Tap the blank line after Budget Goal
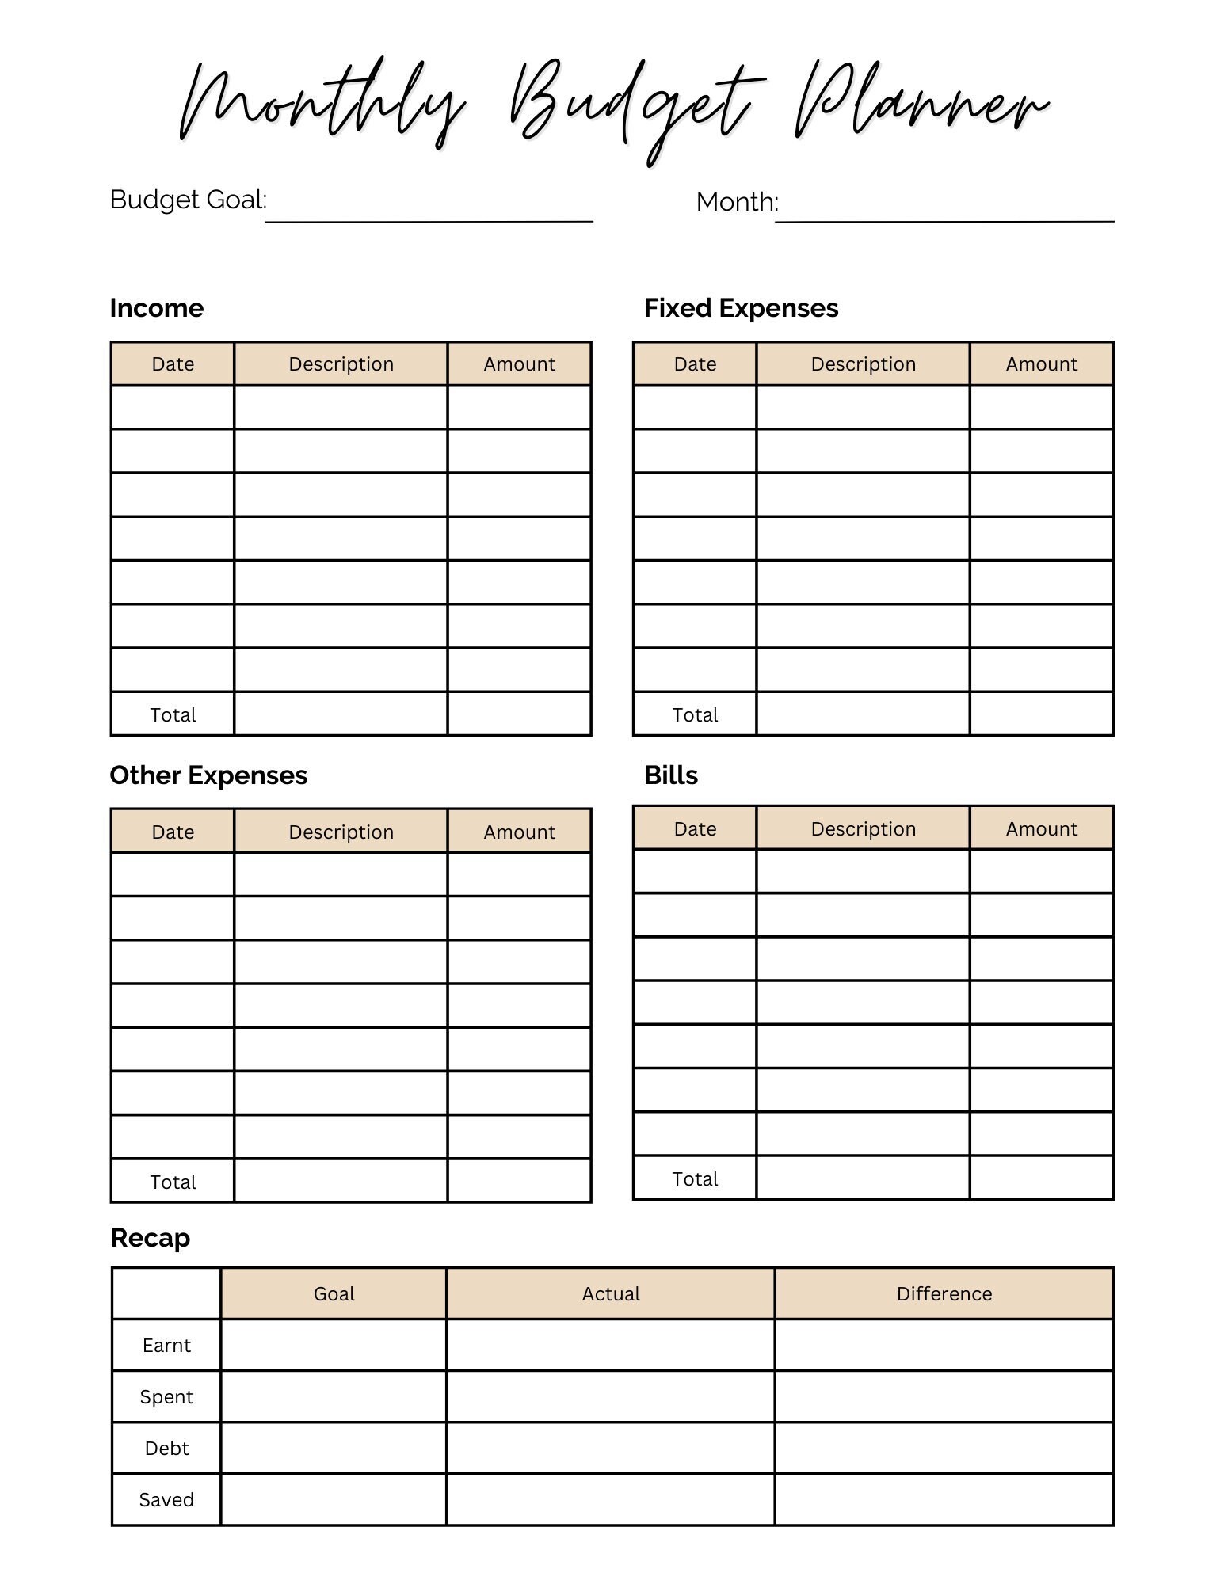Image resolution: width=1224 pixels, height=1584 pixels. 429,214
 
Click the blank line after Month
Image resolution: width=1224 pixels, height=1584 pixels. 944,214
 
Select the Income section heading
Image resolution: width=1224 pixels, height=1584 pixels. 157,308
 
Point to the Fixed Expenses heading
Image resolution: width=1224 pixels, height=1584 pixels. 741,308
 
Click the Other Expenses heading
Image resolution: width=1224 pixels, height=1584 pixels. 208,775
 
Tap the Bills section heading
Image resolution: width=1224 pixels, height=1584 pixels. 670,775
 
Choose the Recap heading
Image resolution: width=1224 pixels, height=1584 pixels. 151,1238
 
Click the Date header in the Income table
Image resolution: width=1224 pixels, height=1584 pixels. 173,364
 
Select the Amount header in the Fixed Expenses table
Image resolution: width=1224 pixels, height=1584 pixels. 1041,364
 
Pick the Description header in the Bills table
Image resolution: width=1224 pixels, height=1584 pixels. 863,829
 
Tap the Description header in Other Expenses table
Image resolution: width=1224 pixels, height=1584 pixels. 341,832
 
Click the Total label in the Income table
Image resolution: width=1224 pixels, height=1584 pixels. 173,715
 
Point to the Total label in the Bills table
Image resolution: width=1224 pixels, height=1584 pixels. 695,1179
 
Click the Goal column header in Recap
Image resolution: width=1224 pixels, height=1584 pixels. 334,1294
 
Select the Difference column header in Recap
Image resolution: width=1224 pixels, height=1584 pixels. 944,1294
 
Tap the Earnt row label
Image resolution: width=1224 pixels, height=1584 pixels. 166,1346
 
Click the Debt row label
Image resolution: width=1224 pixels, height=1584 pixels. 166,1449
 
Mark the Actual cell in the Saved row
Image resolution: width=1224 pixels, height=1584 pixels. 610,1500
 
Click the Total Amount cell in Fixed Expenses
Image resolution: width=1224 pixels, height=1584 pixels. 1041,714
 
